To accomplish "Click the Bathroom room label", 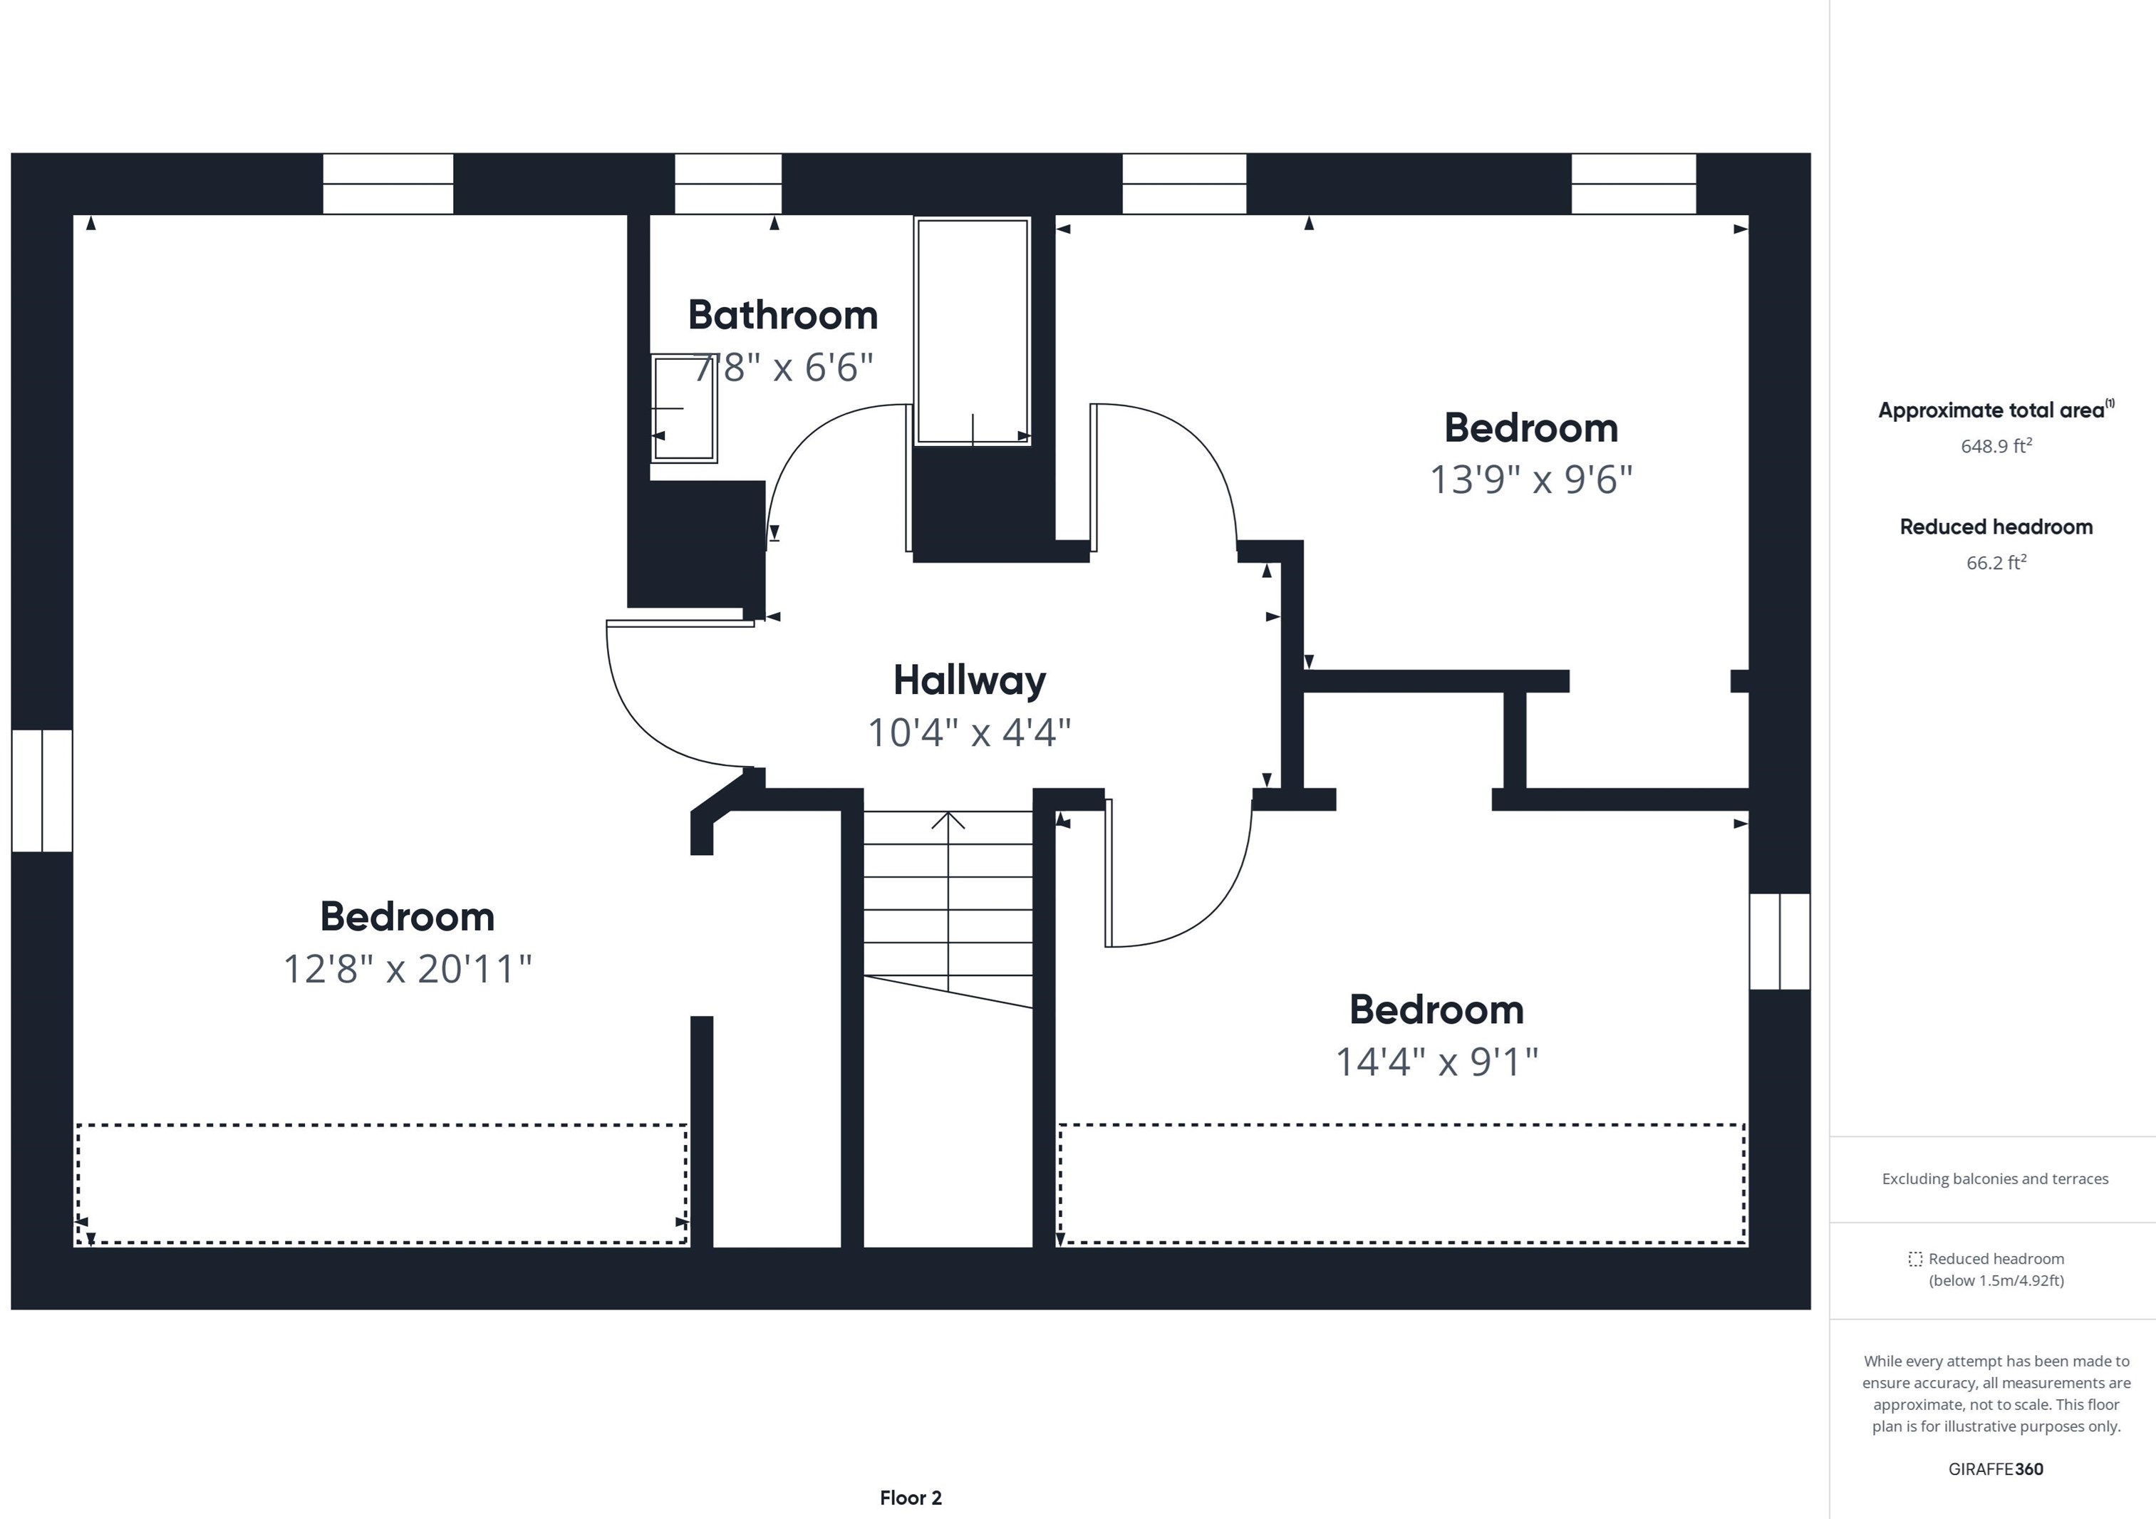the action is coord(782,316).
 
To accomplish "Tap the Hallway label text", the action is coord(969,680).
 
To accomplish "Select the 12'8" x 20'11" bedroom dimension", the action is coord(408,968).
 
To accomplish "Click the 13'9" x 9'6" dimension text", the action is coord(1530,479).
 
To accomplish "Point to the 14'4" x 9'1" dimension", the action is coord(1436,1062).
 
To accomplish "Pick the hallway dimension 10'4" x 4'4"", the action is coord(969,732).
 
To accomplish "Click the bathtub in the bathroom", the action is coord(972,331).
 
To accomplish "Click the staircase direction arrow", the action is coord(948,901).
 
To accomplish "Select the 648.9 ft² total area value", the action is coord(1996,445).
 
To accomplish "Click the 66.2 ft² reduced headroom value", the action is coord(1996,561).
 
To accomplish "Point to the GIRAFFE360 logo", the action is coord(1996,1469).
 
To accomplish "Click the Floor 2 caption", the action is coord(910,1498).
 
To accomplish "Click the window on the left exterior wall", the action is coord(42,790).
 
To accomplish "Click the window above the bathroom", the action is coord(727,184).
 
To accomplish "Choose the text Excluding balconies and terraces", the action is coord(1996,1179).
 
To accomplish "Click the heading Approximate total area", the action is coord(1991,410).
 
